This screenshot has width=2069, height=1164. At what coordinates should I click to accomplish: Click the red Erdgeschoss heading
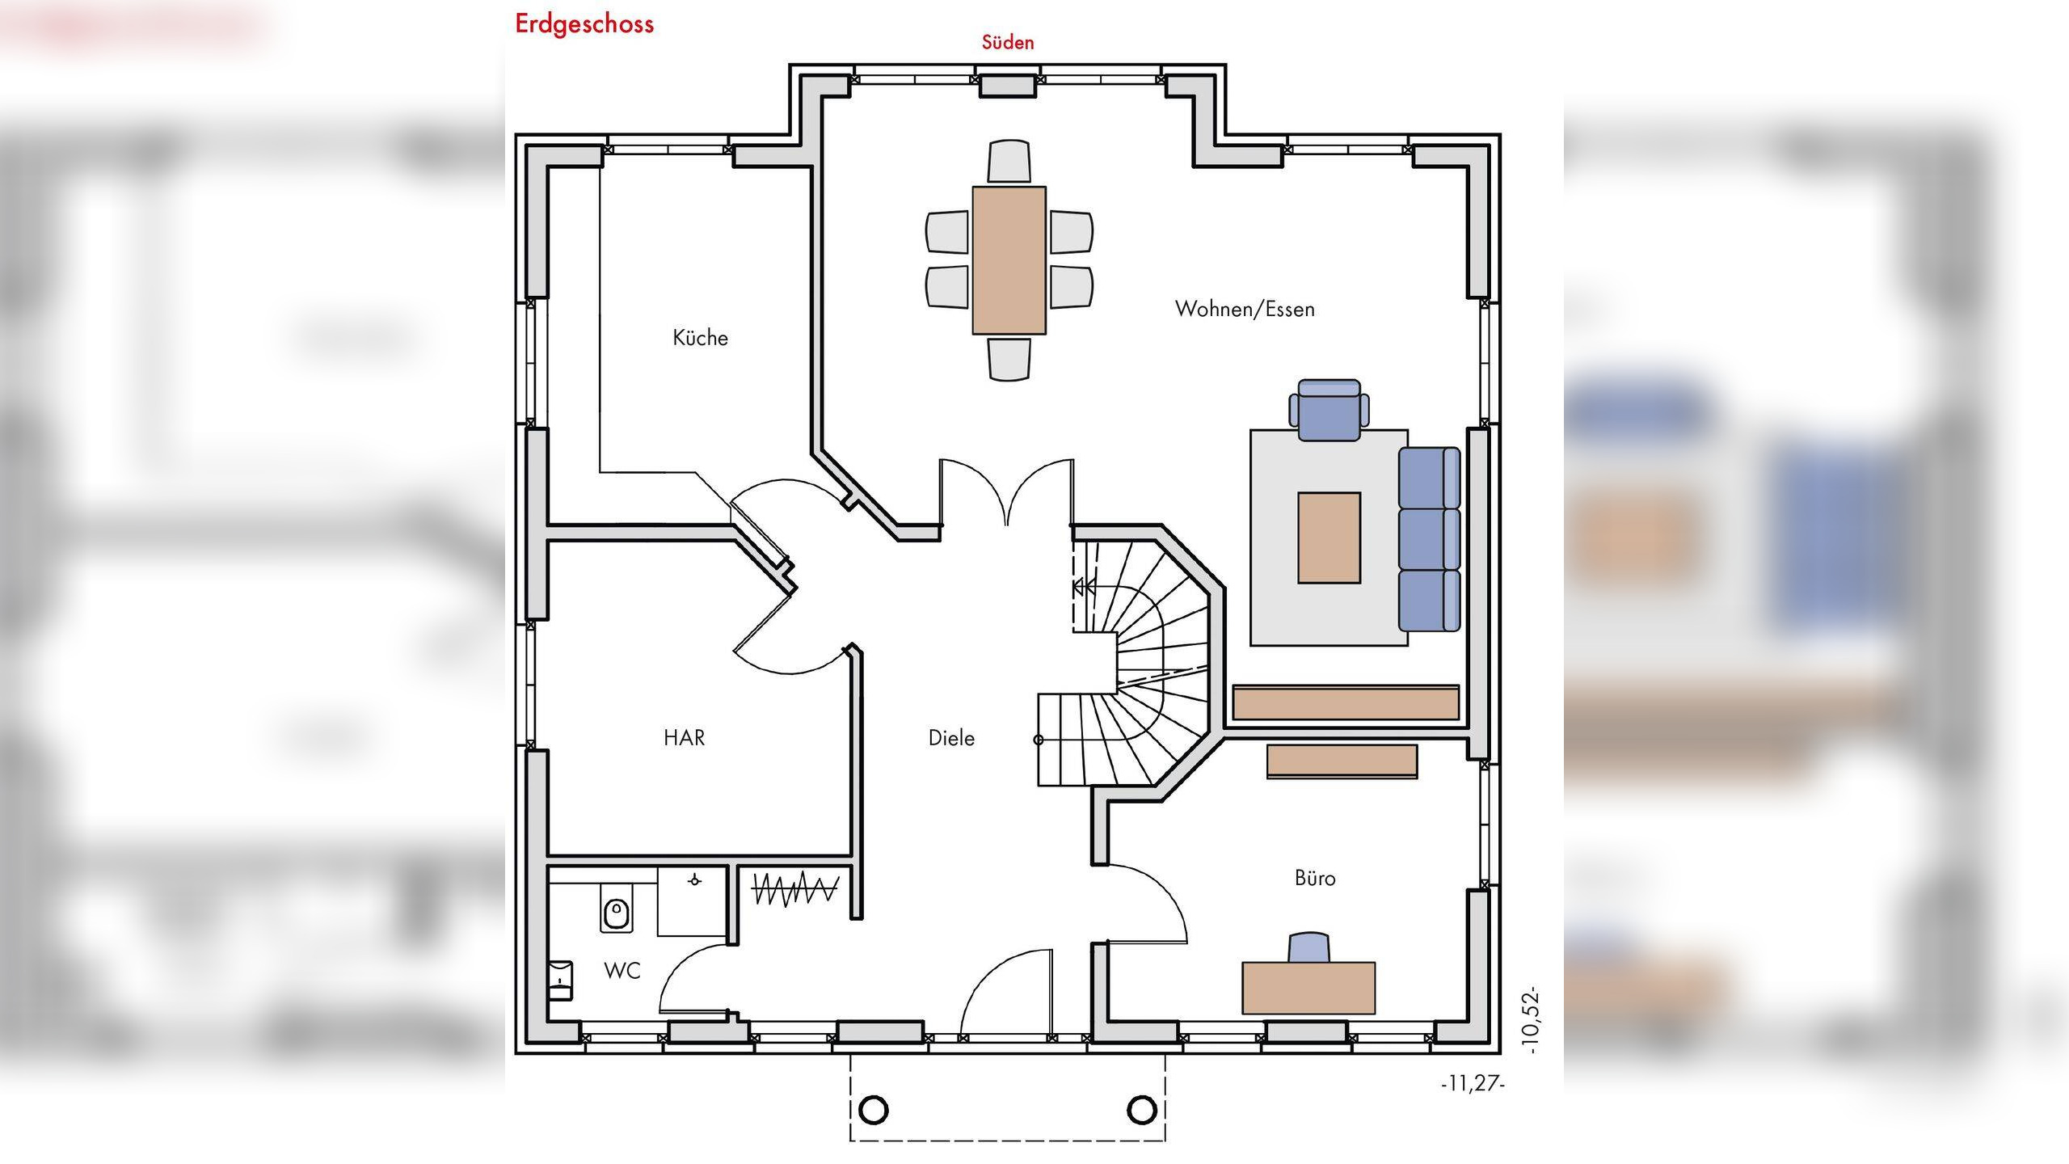click(x=584, y=24)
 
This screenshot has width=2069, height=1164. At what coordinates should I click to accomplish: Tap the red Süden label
click(x=1008, y=42)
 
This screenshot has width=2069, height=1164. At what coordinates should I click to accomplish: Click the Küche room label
click(x=700, y=337)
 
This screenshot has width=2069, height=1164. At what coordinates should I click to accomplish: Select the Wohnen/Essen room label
click(x=1245, y=309)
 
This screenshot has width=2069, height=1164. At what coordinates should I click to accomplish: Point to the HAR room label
click(x=684, y=737)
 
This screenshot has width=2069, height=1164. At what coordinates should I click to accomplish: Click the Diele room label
click(x=951, y=737)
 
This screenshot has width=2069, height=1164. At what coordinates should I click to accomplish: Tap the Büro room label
click(x=1315, y=877)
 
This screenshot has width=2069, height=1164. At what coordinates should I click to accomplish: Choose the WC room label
click(x=622, y=971)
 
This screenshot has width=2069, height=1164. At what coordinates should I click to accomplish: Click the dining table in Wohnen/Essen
click(x=1009, y=260)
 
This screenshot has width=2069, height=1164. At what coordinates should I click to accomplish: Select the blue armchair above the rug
click(x=1329, y=411)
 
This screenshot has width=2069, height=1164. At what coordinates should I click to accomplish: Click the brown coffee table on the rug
click(x=1329, y=538)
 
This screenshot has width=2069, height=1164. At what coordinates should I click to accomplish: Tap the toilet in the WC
click(x=616, y=913)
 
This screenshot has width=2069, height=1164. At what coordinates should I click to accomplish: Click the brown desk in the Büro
click(x=1308, y=988)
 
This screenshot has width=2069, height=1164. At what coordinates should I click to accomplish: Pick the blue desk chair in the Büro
click(x=1309, y=947)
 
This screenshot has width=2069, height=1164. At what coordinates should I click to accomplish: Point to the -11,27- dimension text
click(x=1473, y=1083)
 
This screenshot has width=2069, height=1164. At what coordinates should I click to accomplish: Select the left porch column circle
click(x=874, y=1110)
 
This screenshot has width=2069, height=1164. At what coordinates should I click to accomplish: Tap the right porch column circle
click(x=1141, y=1110)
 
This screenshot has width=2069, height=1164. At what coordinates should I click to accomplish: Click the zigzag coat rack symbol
click(x=795, y=888)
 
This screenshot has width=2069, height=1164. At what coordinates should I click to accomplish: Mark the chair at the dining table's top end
click(x=1009, y=161)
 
